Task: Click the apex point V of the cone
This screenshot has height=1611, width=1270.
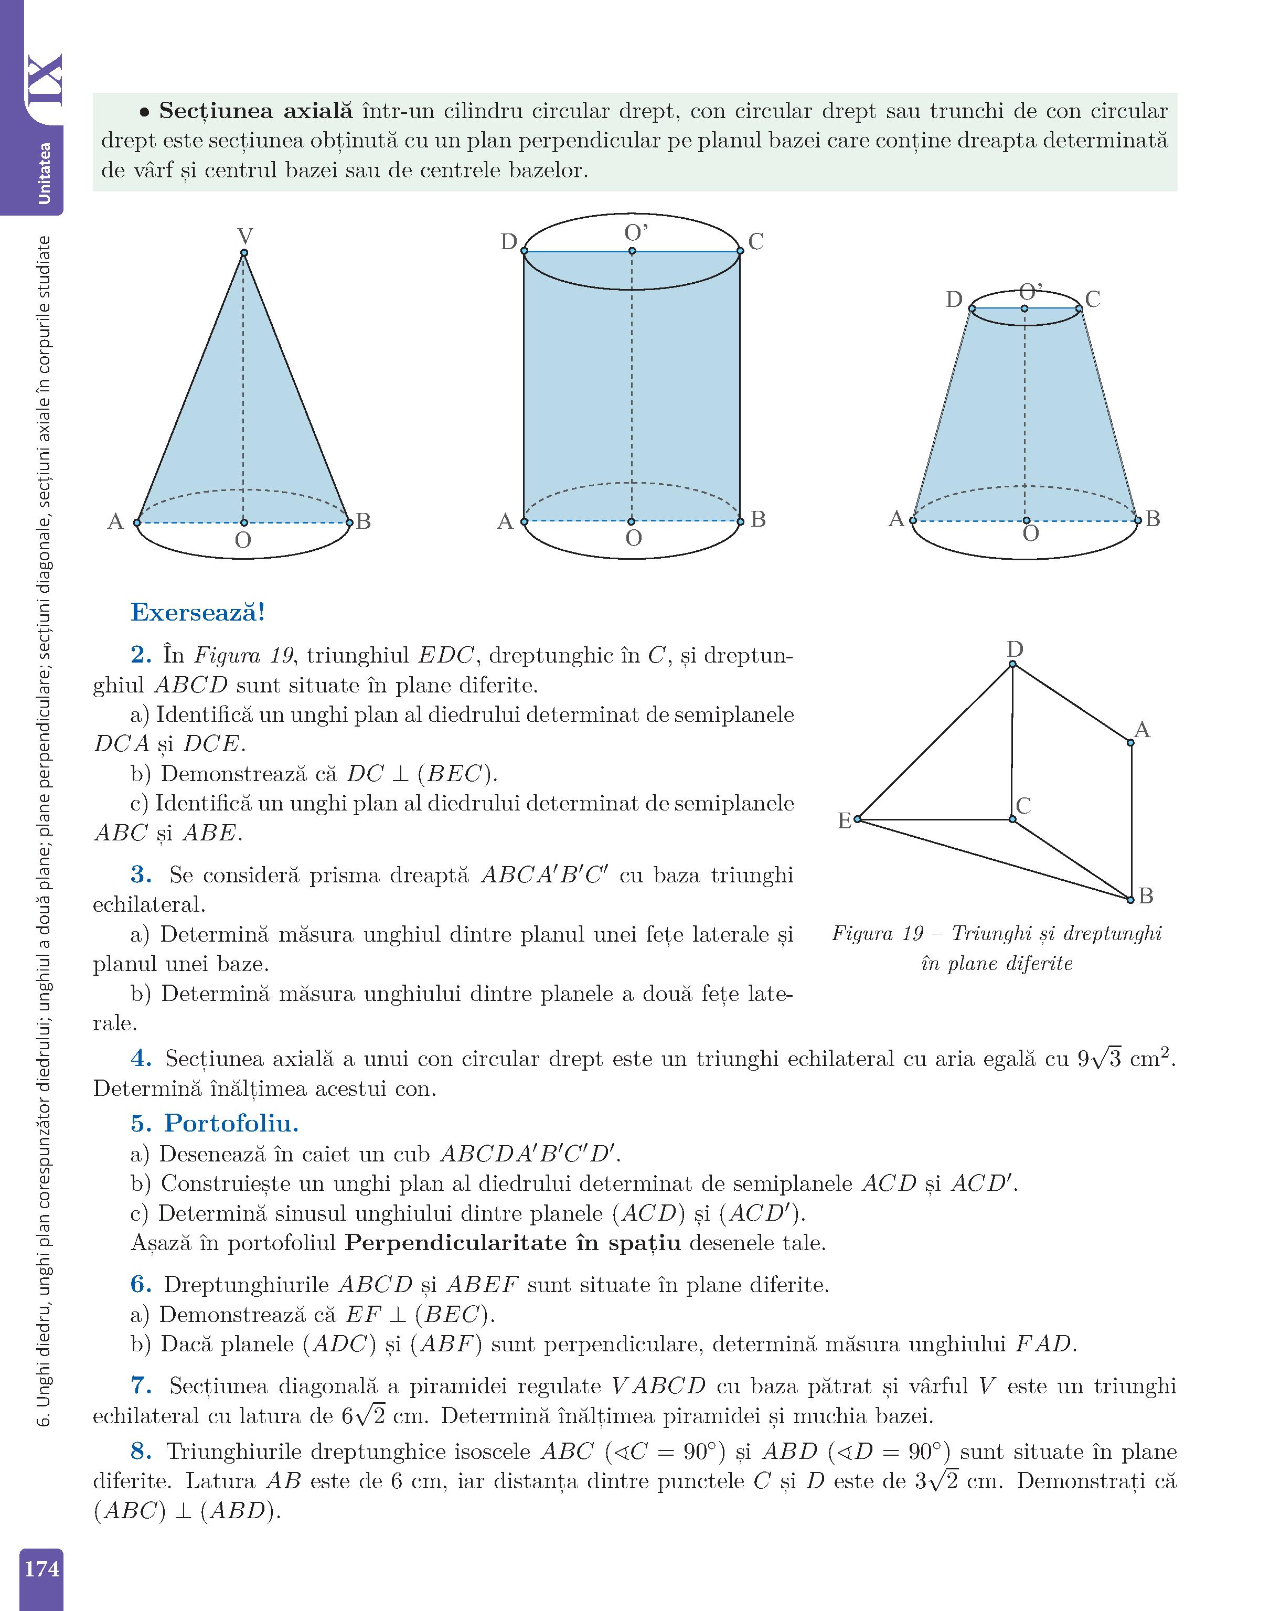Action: (x=244, y=253)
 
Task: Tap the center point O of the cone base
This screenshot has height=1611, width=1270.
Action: (x=244, y=522)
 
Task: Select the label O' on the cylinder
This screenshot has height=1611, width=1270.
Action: (x=636, y=233)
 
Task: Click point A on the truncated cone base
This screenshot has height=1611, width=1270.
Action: (x=913, y=520)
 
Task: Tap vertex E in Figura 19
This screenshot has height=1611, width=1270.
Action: (x=857, y=819)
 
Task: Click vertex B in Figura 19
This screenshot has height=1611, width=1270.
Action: (x=1131, y=899)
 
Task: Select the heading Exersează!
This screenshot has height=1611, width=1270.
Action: (x=198, y=613)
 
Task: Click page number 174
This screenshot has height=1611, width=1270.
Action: (x=41, y=1568)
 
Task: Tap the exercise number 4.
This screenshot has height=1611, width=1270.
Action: (x=141, y=1059)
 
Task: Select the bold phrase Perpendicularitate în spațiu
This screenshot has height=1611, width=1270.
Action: (x=513, y=1243)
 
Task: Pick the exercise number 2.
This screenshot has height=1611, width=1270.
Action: (x=141, y=655)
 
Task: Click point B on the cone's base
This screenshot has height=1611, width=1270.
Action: (x=349, y=522)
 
